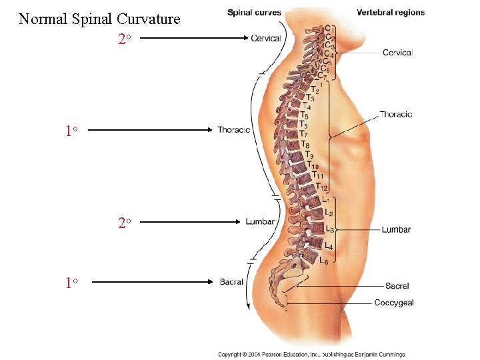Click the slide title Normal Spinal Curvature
(x=99, y=19)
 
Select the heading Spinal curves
(x=254, y=13)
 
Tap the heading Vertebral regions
(x=390, y=13)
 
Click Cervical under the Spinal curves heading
(x=265, y=39)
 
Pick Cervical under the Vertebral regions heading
(x=397, y=53)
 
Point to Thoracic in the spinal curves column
(x=233, y=130)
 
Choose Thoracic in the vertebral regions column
(x=395, y=114)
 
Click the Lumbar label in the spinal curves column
(x=259, y=221)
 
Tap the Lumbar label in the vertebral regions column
(x=396, y=230)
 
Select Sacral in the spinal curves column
(x=231, y=282)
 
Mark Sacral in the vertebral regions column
(x=397, y=286)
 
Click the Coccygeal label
(x=393, y=303)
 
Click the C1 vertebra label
(x=329, y=29)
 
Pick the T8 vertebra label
(x=305, y=145)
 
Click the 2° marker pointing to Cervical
(x=123, y=39)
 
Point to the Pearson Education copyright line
(x=312, y=355)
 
